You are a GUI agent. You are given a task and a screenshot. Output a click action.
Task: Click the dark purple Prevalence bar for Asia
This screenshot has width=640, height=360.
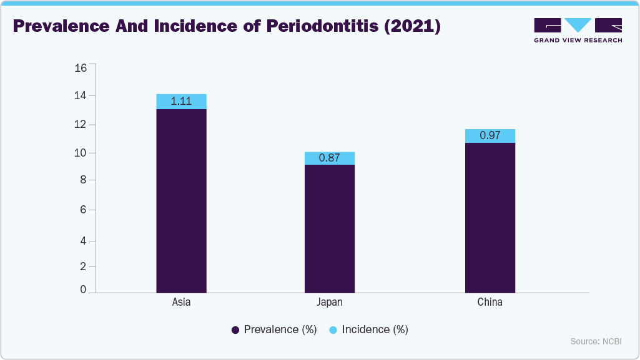point(181,200)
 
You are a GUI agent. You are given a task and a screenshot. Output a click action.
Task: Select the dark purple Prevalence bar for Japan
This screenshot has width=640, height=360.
point(329,228)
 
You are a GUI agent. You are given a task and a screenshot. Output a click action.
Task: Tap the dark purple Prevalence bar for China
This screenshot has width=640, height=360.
point(490,217)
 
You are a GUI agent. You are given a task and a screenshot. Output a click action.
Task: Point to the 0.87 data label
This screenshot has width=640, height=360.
point(329,158)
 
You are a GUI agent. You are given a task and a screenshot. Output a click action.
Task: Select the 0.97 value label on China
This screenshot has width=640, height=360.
point(490,135)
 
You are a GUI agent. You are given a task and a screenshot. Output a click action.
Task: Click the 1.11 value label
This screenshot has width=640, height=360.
point(181,101)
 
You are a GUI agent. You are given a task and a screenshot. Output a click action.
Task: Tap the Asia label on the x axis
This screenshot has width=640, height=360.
point(181,303)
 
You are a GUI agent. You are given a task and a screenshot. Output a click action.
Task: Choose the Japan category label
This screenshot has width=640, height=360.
point(329,303)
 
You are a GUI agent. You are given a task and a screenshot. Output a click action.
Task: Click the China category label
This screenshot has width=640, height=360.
point(490,303)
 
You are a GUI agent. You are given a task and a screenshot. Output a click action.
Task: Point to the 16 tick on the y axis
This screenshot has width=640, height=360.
point(81,68)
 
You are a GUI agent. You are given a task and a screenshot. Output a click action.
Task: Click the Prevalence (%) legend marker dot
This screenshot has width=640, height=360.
point(235,330)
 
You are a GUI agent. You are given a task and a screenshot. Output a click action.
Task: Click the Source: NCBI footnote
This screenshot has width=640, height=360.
point(596,341)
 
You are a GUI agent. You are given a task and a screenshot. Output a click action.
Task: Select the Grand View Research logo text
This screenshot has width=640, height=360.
point(578,40)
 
